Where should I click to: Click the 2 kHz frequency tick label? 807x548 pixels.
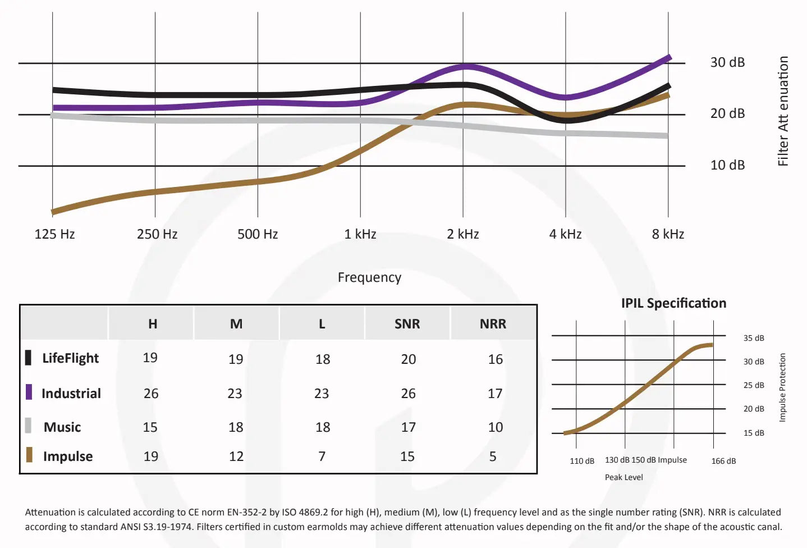(x=463, y=234)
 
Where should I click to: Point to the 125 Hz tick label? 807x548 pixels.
(x=54, y=234)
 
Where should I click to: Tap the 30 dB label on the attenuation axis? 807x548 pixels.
(x=727, y=62)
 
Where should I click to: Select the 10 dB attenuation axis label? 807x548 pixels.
(x=727, y=165)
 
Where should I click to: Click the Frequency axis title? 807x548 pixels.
(x=369, y=277)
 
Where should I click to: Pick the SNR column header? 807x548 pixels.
(x=407, y=324)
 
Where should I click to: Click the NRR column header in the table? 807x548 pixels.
(x=493, y=324)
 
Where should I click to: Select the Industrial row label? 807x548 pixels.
(x=71, y=394)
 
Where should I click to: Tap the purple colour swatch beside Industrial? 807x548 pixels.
(x=29, y=392)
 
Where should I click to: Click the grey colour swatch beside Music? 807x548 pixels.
(x=28, y=426)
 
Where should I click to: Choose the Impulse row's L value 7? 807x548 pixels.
(x=322, y=456)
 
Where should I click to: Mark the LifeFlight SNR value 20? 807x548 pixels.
(x=408, y=359)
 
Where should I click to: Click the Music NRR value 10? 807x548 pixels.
(x=495, y=427)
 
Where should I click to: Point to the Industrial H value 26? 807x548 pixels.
(x=151, y=394)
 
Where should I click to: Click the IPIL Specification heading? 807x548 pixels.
(x=673, y=303)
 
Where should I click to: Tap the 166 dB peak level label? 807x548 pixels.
(x=723, y=461)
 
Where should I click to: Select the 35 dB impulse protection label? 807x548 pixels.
(x=754, y=338)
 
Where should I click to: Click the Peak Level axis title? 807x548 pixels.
(x=623, y=477)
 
